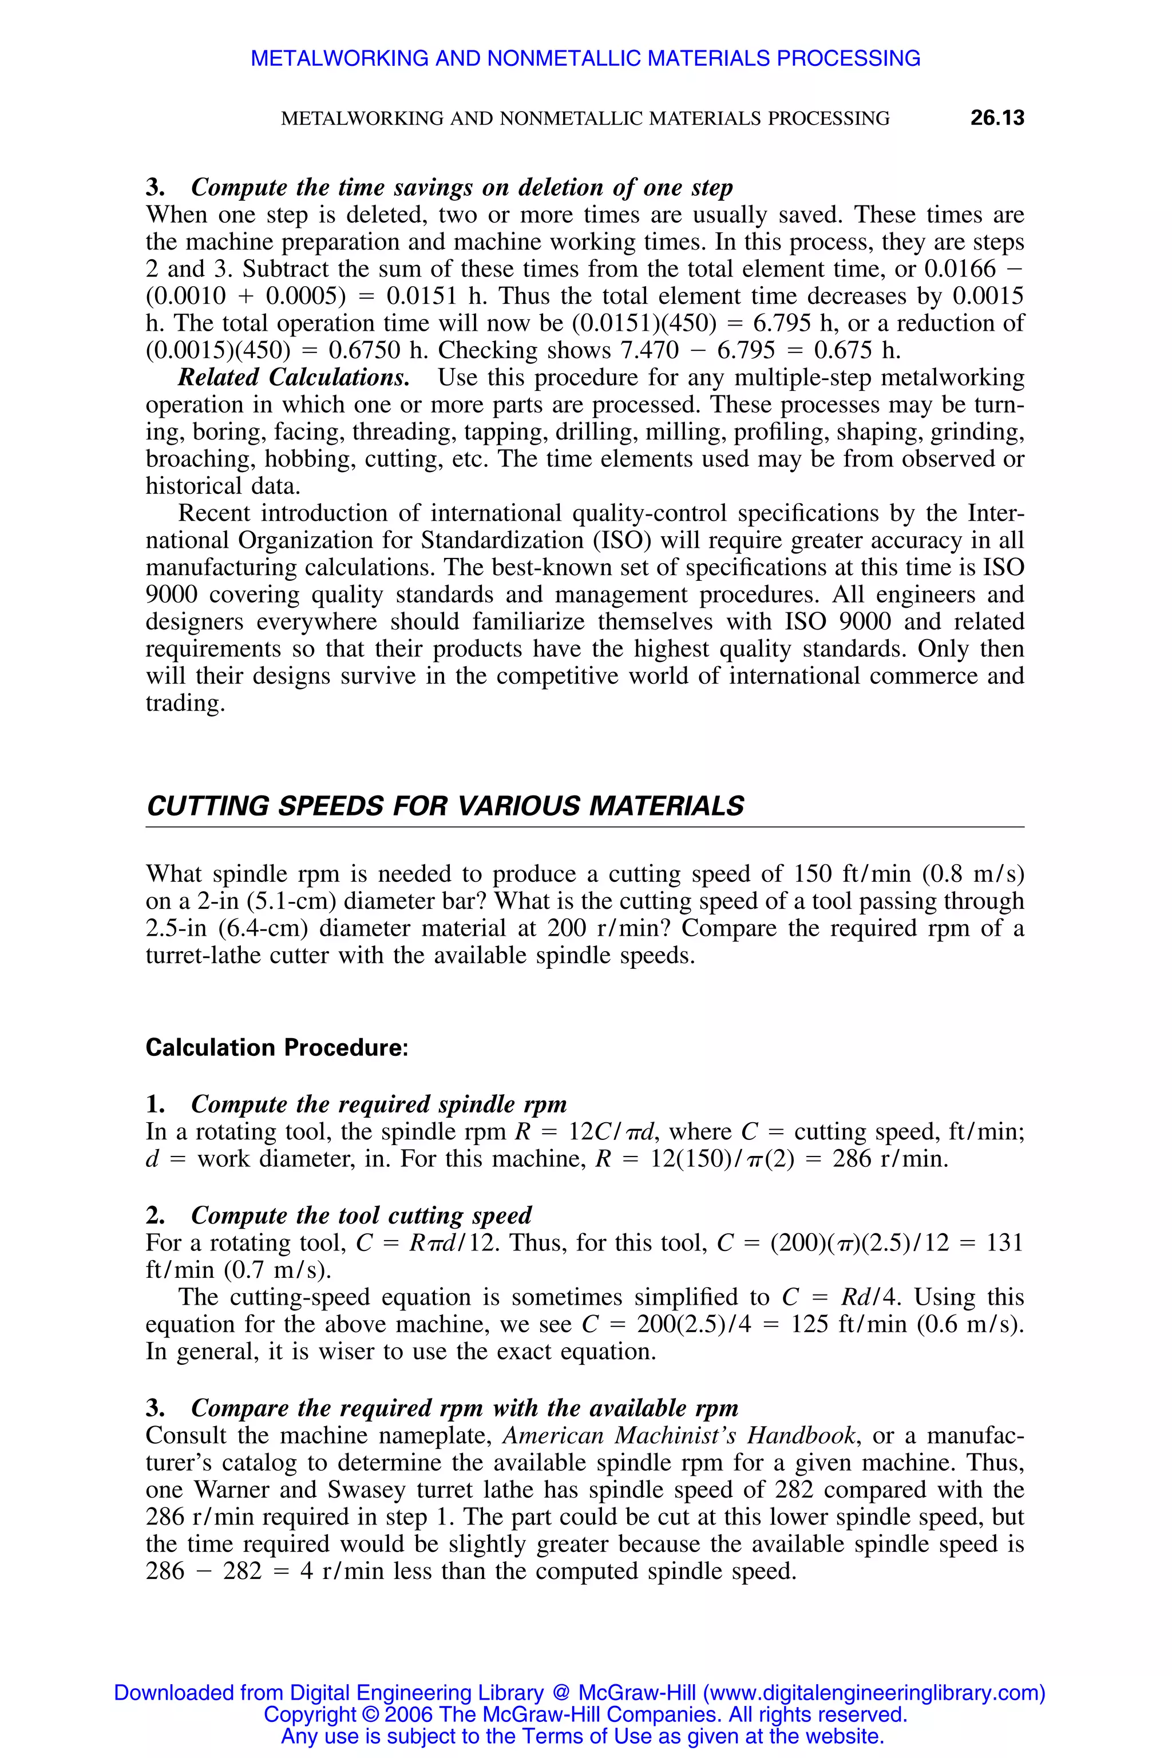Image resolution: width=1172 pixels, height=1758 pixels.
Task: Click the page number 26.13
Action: [996, 118]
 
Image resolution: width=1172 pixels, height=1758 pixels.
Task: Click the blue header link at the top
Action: [585, 58]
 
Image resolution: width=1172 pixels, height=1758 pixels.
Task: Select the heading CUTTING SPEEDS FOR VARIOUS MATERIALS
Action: [445, 806]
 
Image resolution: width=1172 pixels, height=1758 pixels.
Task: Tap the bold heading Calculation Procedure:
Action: [276, 1047]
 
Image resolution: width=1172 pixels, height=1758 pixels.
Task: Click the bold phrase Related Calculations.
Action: [294, 378]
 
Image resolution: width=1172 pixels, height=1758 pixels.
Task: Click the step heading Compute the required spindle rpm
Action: [378, 1104]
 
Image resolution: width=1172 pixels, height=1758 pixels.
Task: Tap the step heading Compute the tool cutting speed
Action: [361, 1215]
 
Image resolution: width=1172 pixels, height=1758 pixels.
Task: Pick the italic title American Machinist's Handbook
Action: [679, 1436]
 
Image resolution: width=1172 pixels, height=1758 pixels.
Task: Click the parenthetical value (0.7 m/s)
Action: [278, 1270]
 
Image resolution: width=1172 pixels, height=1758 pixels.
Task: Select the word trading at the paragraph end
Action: [183, 703]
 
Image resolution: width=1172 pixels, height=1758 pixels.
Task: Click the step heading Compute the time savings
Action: [462, 187]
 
